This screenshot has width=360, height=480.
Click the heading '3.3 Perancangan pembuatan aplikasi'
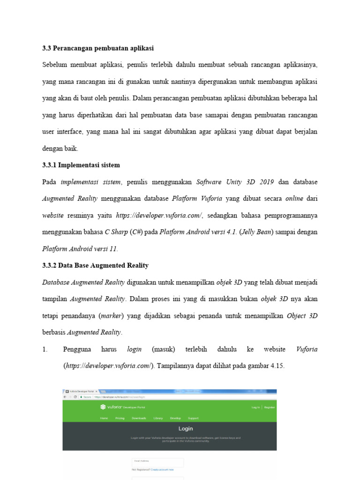click(x=98, y=48)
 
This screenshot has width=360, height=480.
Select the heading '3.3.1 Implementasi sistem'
click(x=81, y=165)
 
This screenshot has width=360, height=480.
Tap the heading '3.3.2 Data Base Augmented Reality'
click(x=95, y=265)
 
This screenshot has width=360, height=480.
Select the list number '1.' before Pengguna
click(x=45, y=349)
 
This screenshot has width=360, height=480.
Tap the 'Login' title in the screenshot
click(x=186, y=428)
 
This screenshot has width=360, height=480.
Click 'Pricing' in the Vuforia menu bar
click(x=120, y=418)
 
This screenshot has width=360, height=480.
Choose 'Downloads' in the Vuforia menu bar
click(x=139, y=418)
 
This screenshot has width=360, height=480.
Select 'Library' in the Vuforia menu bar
click(x=158, y=418)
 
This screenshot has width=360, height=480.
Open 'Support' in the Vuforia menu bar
click(x=193, y=418)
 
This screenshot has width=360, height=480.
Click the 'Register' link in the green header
click(x=270, y=407)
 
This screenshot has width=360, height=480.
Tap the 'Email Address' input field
click(x=157, y=462)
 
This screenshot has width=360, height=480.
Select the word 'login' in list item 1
click(x=134, y=349)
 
